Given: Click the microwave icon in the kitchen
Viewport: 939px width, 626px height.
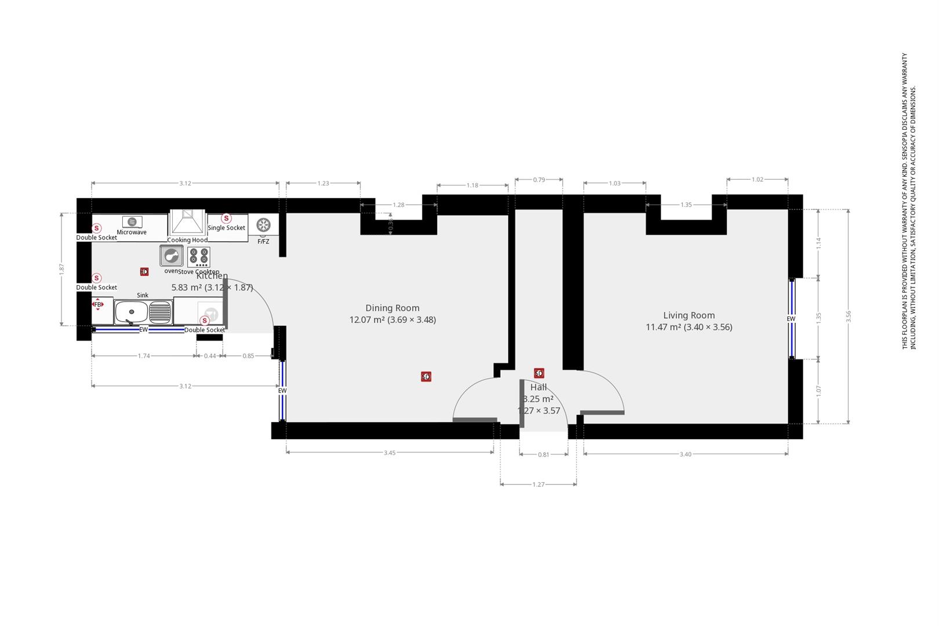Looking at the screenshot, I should click(x=132, y=222).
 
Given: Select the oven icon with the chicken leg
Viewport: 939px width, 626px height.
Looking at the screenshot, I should click(x=172, y=256).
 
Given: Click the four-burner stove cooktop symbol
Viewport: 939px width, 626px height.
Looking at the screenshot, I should click(x=199, y=256).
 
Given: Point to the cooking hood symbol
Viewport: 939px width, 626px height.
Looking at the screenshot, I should click(x=187, y=222).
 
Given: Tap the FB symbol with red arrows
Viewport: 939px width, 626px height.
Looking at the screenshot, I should click(x=98, y=304).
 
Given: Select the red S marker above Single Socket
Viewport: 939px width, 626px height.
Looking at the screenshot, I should click(x=227, y=219).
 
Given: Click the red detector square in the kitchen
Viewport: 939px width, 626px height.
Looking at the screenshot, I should click(x=144, y=271).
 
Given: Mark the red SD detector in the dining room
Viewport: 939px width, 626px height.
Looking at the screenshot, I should click(x=426, y=377).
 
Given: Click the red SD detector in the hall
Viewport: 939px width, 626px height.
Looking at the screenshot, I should click(x=539, y=373).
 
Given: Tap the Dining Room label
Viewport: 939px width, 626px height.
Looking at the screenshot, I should click(x=392, y=308).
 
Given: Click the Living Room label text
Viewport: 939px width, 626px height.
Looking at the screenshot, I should click(x=689, y=315).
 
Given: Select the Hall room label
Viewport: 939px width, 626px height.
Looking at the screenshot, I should click(x=538, y=387).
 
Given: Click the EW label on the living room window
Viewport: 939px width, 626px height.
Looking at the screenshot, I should click(x=791, y=319).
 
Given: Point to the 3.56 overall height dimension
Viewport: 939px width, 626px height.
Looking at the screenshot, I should click(x=849, y=316).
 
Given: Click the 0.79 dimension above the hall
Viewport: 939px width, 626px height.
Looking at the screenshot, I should click(x=539, y=180).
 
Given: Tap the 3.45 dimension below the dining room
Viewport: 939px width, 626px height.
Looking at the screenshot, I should click(x=390, y=453).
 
